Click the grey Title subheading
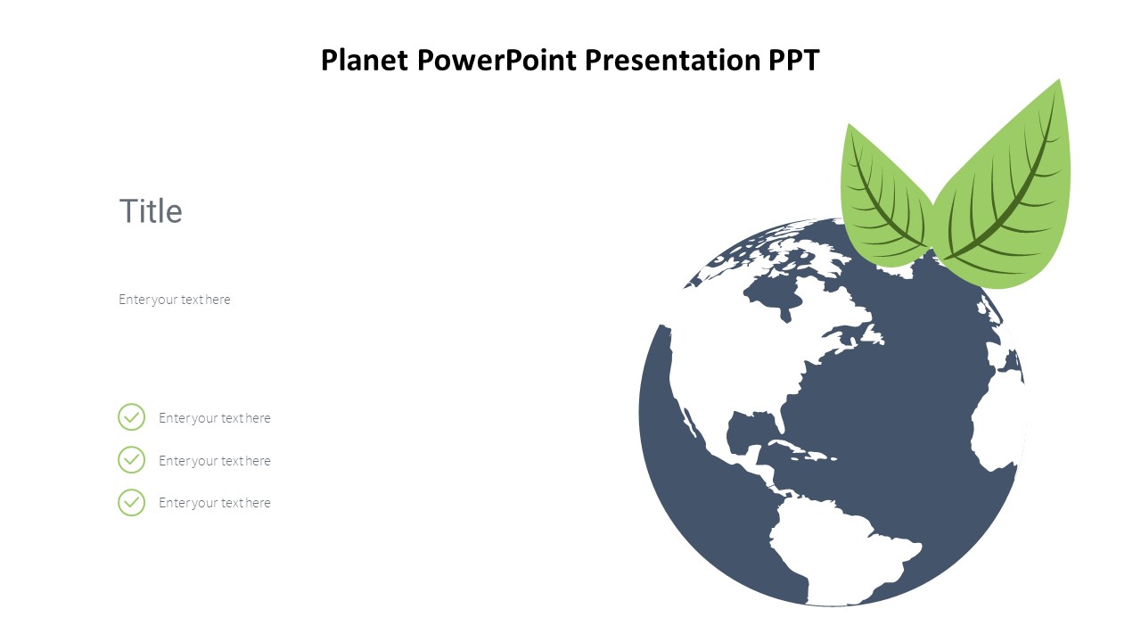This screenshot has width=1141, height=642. [x=151, y=211]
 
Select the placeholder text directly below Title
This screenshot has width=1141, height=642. [x=175, y=300]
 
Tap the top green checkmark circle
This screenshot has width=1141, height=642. [x=131, y=417]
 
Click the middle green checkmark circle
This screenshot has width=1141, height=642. [x=131, y=460]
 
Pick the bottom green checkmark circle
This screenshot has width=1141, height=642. [x=131, y=503]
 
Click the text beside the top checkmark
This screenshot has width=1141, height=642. [x=214, y=418]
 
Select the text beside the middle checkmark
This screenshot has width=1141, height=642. [x=214, y=461]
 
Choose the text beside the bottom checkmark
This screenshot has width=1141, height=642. [x=214, y=503]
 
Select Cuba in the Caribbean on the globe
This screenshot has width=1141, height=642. [x=789, y=446]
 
